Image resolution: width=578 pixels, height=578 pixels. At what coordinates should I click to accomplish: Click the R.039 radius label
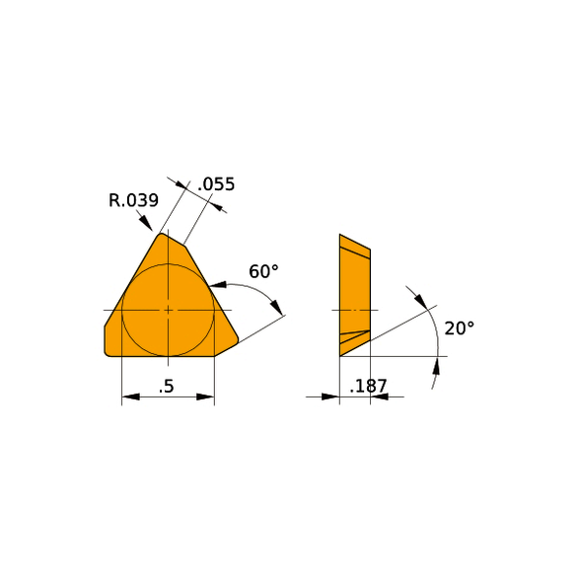133,200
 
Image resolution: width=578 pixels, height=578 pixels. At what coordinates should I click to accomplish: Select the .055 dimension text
216,183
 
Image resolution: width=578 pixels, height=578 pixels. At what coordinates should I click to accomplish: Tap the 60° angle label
263,271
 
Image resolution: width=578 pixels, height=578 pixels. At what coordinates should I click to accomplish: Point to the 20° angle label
459,327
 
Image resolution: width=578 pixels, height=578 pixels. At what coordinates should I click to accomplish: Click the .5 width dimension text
167,387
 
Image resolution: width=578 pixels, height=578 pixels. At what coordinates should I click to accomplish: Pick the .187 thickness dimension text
368,386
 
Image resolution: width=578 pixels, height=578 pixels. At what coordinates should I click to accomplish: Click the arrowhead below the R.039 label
146,224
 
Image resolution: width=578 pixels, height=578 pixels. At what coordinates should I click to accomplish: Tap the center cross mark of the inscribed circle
168,310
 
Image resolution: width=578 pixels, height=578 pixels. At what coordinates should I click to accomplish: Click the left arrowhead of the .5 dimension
130,397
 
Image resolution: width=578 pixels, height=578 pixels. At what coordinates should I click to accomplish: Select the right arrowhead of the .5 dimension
205,397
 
